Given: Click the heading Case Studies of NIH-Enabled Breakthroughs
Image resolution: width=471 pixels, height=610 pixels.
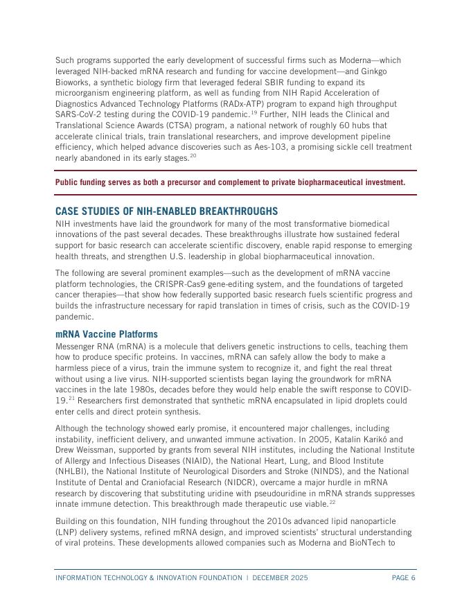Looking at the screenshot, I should [166, 211].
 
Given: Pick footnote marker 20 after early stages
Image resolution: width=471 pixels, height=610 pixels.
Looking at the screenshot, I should [193, 157].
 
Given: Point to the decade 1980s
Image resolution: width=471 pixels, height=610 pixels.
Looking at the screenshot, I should [139, 390].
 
